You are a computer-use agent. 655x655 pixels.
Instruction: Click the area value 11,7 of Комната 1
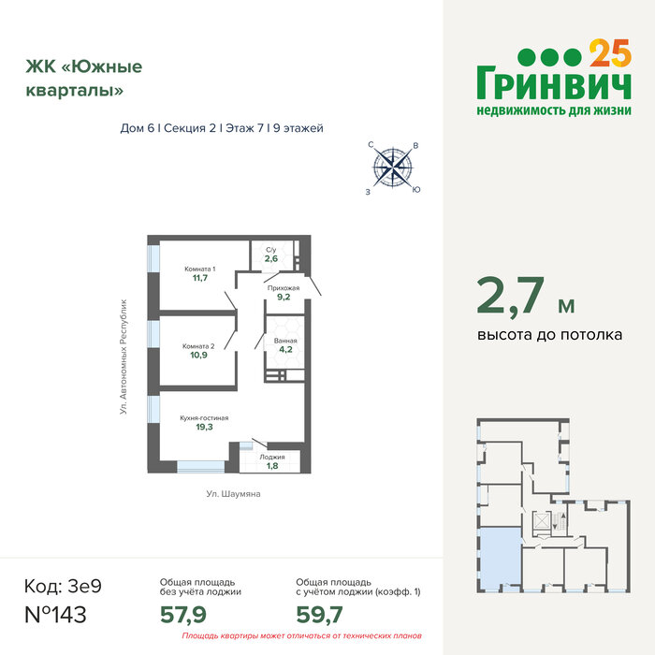(x=200, y=278)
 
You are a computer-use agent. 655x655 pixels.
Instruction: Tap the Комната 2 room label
(x=198, y=346)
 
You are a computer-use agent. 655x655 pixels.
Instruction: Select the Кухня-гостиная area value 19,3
(x=204, y=427)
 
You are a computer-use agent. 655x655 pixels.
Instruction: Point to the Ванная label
(x=285, y=341)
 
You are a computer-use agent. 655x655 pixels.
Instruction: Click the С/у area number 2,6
(x=271, y=258)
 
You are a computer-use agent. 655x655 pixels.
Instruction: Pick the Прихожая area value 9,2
(x=284, y=297)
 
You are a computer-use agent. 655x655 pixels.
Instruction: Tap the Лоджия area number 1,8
(x=272, y=466)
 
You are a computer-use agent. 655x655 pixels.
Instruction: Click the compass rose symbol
(x=393, y=167)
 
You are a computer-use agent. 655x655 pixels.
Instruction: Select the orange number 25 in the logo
(x=610, y=53)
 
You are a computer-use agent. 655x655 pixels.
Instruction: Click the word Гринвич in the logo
(x=554, y=82)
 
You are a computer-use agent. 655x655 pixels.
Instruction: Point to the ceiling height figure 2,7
(x=511, y=296)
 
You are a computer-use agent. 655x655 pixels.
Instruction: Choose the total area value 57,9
(x=183, y=615)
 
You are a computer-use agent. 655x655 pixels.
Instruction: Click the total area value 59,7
(x=320, y=615)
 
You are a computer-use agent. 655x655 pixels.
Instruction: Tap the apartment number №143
(x=55, y=615)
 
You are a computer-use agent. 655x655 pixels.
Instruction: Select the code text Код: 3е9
(x=63, y=586)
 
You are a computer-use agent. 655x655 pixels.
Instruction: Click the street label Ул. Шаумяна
(x=234, y=494)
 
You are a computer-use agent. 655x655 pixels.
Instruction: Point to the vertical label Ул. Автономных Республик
(x=124, y=357)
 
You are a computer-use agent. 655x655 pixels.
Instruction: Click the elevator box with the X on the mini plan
(x=541, y=522)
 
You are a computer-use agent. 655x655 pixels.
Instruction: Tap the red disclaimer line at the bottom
(x=301, y=635)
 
